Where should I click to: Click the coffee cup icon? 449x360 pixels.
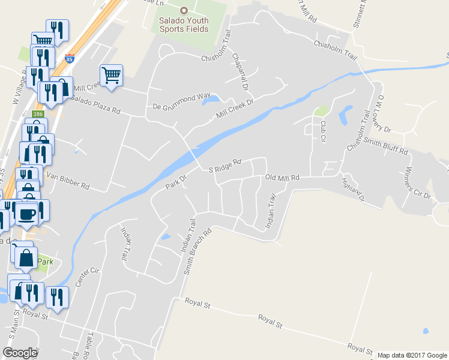[28, 213]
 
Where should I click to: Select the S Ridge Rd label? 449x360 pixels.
[224, 166]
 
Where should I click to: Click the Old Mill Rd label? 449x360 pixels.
[282, 178]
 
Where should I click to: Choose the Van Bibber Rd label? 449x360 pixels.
[68, 182]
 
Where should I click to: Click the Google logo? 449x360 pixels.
[20, 353]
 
